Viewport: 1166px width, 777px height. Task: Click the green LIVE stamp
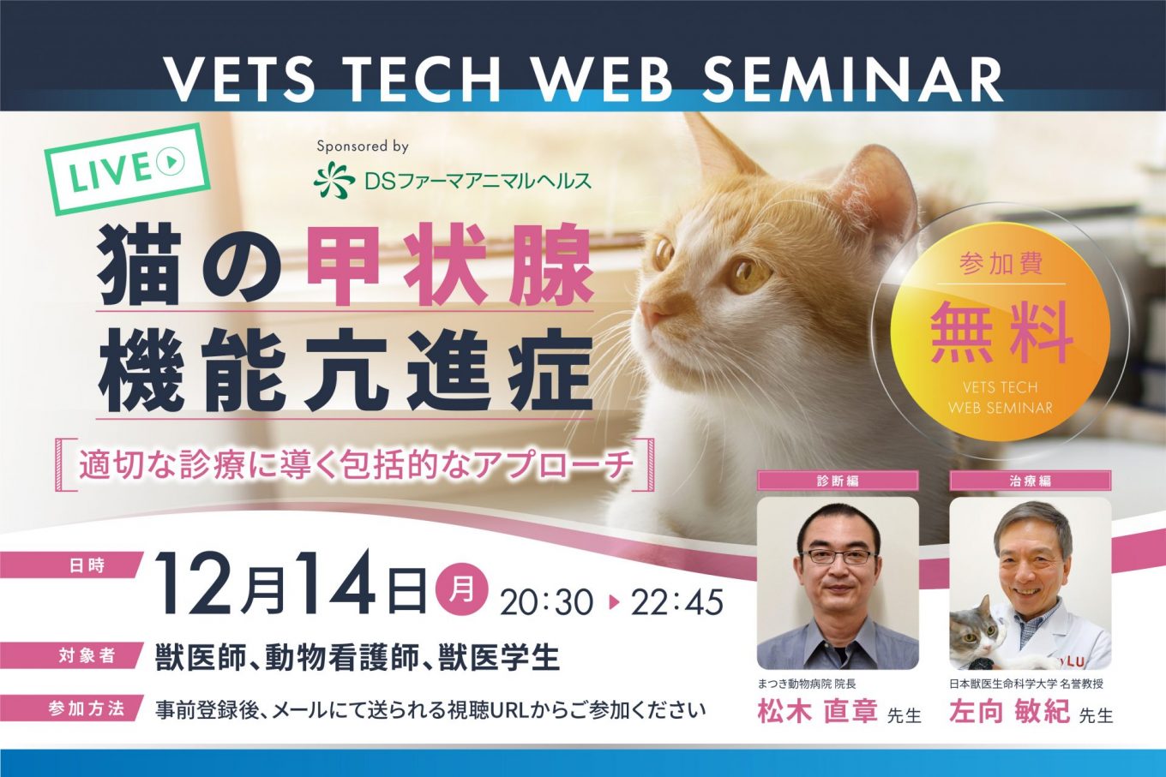point(128,170)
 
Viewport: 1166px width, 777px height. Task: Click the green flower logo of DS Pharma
point(334,180)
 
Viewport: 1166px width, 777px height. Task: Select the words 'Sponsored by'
point(363,146)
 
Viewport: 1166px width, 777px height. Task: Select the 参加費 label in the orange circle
point(1001,263)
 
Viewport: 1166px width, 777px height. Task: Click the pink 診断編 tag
point(838,481)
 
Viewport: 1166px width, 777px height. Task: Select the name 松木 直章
point(817,712)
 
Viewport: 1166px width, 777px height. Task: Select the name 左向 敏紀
point(1009,712)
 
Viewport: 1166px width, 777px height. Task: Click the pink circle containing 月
point(461,591)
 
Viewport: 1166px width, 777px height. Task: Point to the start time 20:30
point(548,602)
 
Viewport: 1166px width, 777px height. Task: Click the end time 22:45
point(677,602)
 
